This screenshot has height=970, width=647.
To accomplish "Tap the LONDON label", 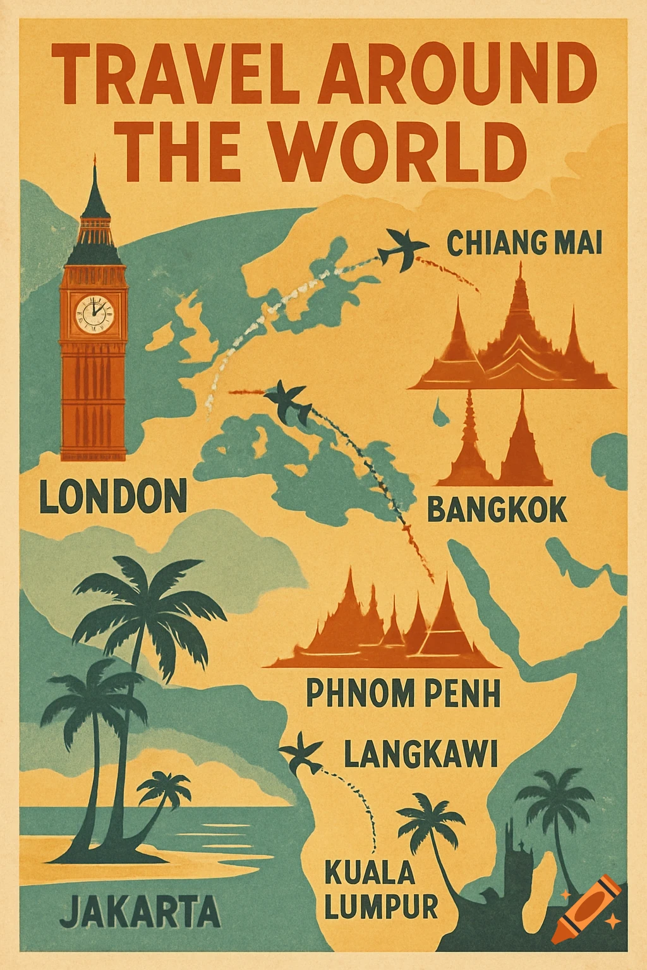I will coord(113,496).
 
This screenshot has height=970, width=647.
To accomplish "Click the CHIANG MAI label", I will coord(524,243).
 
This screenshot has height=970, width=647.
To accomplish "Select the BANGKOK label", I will coord(497,510).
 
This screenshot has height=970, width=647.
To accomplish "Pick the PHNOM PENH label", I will coord(403,693).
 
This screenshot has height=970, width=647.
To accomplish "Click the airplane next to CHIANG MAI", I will coord(401,248).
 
